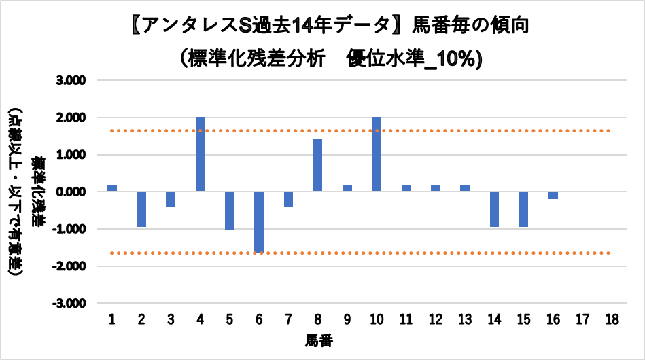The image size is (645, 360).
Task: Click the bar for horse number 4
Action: (200, 154)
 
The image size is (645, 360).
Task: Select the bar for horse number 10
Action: (376, 154)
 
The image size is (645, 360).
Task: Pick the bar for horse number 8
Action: (317, 165)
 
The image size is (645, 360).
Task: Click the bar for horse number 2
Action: (141, 209)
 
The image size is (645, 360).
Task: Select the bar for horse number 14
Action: (493, 209)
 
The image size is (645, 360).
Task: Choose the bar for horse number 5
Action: (230, 211)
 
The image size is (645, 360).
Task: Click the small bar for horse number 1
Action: (112, 188)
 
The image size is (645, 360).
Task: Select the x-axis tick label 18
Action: (611, 319)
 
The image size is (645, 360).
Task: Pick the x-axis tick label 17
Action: (582, 319)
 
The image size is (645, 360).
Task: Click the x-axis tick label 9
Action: (347, 319)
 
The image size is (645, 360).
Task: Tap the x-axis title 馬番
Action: (319, 338)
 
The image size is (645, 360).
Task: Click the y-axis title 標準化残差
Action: (40, 192)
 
